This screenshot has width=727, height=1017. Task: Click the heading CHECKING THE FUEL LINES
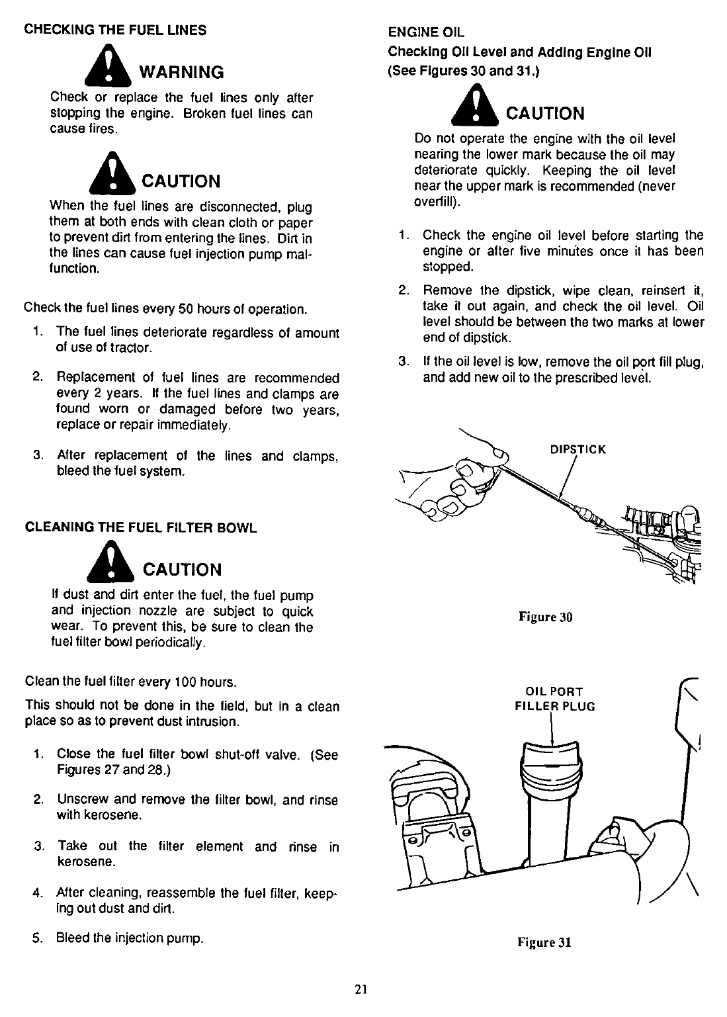tap(115, 30)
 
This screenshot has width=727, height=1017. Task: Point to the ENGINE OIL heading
tap(427, 32)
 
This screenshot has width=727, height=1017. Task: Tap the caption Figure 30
tap(544, 617)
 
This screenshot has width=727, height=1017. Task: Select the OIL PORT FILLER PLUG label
tap(555, 699)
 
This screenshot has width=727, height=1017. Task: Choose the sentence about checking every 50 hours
tap(165, 309)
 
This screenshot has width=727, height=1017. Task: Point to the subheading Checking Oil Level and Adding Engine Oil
tap(519, 52)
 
